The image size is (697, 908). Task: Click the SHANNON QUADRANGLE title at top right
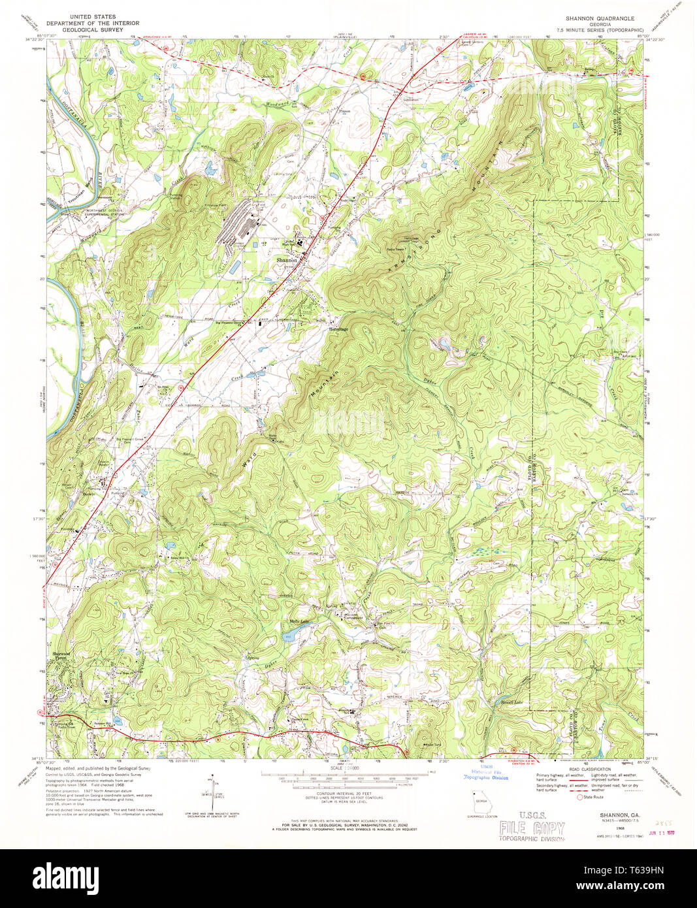pos(598,17)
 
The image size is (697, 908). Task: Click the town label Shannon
pos(286,260)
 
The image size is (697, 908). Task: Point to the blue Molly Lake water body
pos(289,634)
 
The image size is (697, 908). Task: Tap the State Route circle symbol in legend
pos(579,797)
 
